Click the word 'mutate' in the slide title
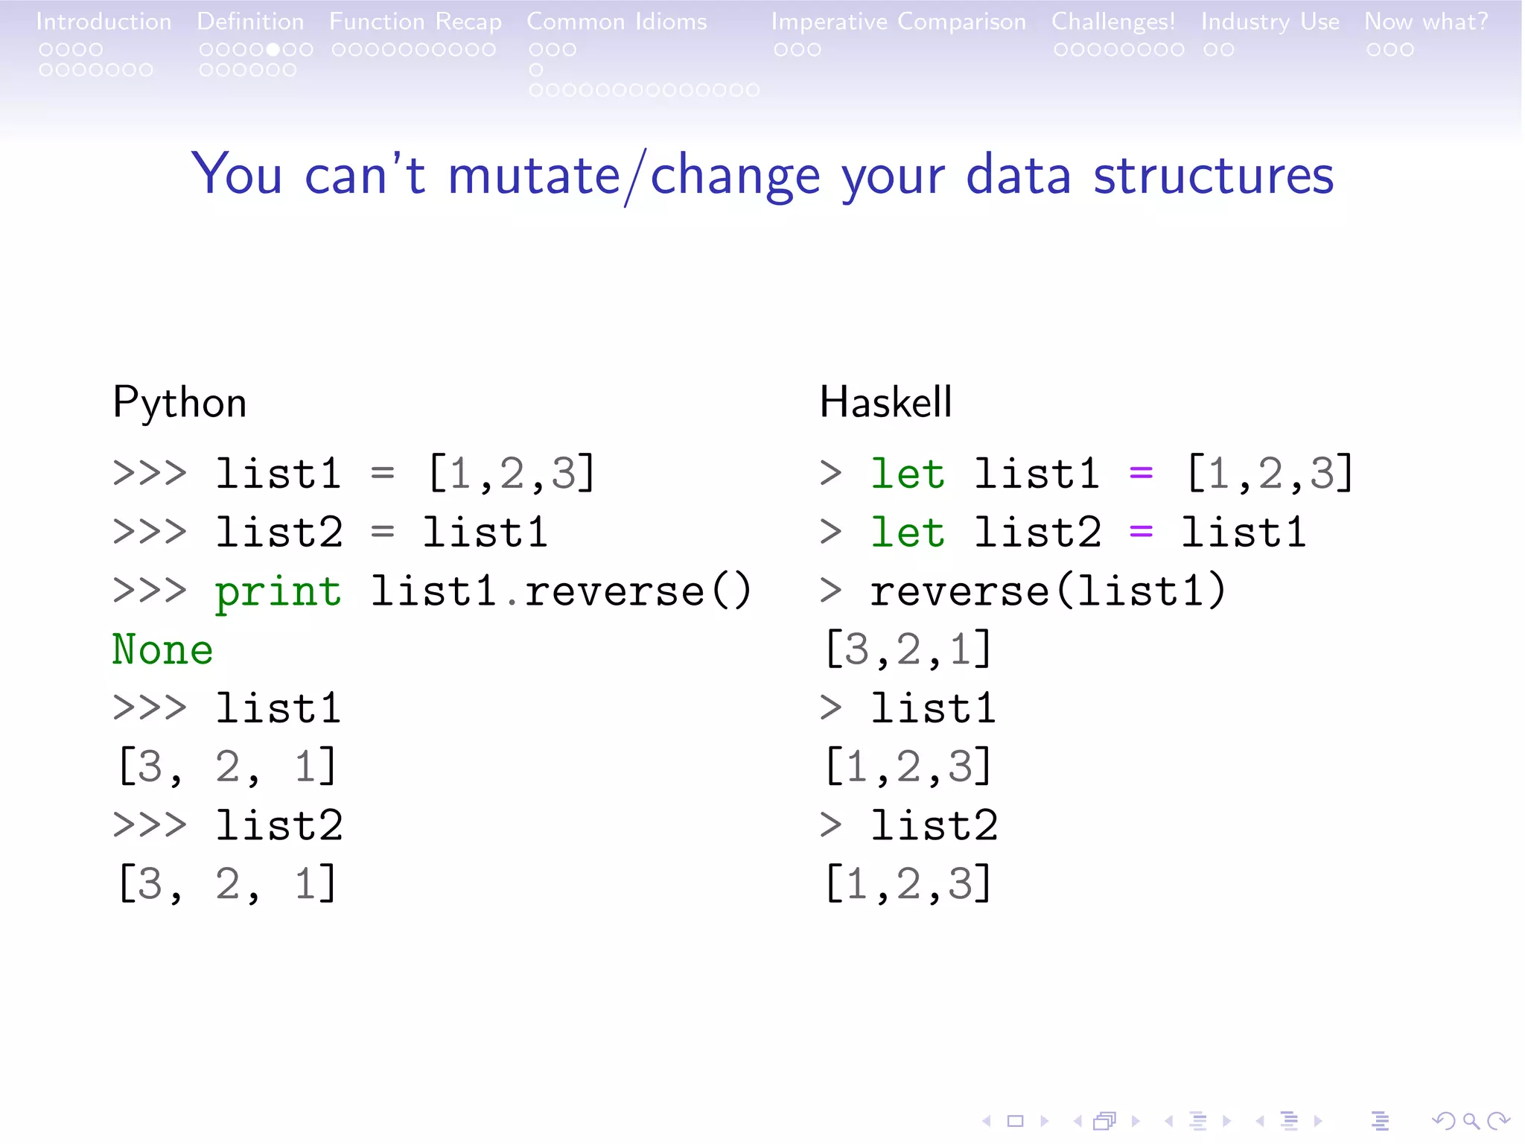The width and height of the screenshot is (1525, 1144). pos(534,176)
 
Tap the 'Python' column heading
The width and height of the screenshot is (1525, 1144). pos(179,403)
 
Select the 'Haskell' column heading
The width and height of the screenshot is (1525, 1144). pos(885,403)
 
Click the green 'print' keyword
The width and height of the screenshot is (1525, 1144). pos(278,593)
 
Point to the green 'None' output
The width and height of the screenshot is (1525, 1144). pos(162,649)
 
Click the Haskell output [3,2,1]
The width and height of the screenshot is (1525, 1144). pos(908,649)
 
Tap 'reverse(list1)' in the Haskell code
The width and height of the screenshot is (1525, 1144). pos(1047,591)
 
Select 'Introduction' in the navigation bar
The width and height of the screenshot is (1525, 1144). pos(104,22)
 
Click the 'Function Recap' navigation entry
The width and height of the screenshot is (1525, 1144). pos(416,22)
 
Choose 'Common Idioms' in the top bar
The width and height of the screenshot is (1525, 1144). pos(617,22)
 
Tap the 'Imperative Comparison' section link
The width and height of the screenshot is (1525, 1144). pos(898,22)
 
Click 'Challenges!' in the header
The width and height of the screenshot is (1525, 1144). pos(1113,22)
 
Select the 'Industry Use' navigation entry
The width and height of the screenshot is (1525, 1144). pos(1270,22)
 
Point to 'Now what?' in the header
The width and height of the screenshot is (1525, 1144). pos(1426,22)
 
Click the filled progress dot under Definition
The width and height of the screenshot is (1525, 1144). pos(273,50)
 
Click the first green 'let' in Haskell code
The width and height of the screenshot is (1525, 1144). pos(908,474)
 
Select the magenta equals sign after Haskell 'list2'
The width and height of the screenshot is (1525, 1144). pos(1141,532)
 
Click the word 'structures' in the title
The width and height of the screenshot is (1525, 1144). pos(1213,176)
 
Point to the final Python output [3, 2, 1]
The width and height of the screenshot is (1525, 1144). pos(227,884)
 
